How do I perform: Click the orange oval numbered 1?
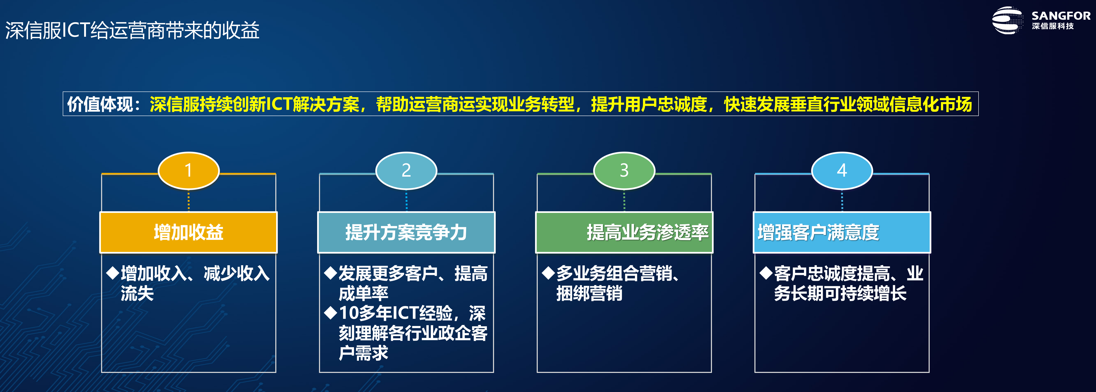[189, 170]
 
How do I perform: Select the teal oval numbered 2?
[406, 170]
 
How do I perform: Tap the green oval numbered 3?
[624, 170]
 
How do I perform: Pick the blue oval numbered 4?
[842, 170]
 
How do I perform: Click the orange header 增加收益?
[189, 232]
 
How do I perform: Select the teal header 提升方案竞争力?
[406, 232]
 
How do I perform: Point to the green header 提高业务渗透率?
[624, 232]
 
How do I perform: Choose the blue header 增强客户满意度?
[842, 232]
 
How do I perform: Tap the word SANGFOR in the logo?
[1061, 16]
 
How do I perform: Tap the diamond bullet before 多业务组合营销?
[549, 273]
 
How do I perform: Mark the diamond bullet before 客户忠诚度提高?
[766, 273]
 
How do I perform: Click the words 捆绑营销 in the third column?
[589, 293]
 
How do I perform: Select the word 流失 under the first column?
[137, 293]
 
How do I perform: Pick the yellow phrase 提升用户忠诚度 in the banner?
[649, 104]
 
